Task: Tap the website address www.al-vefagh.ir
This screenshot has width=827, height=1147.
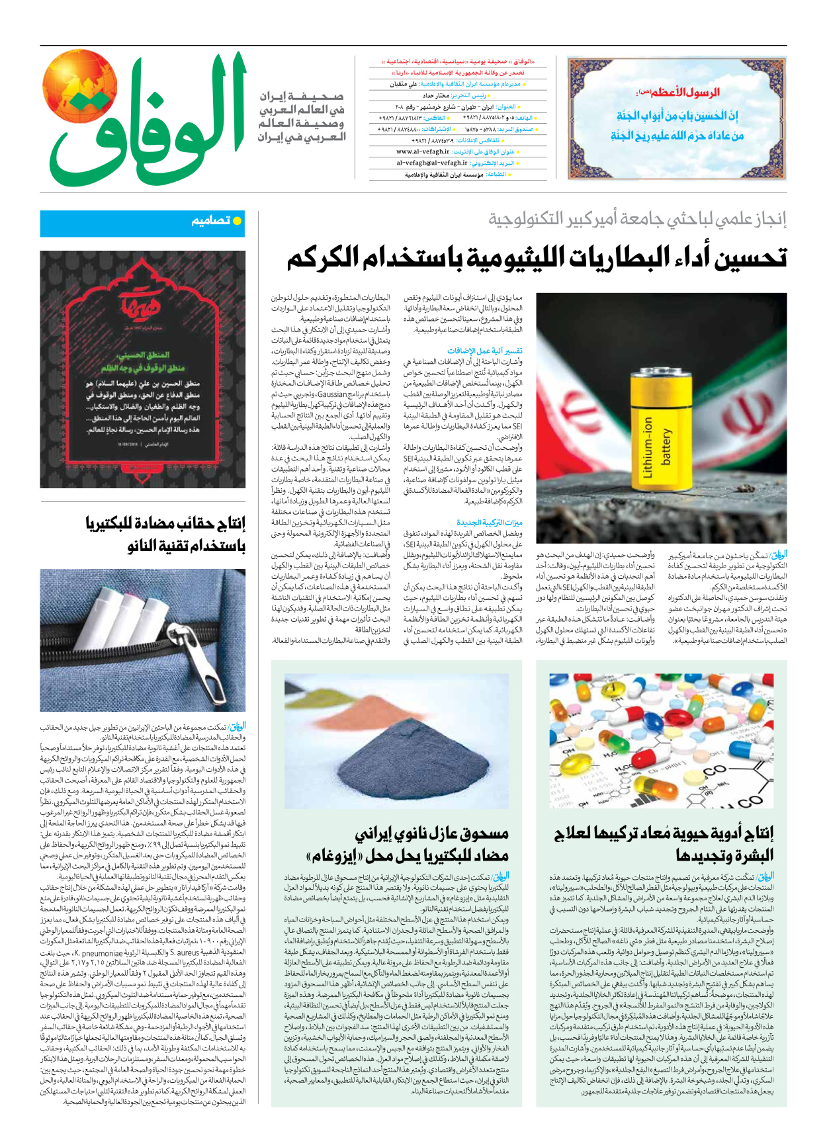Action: (423, 151)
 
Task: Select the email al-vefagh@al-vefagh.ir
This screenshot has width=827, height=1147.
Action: (432, 163)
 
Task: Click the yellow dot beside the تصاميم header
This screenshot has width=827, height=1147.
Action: (238, 221)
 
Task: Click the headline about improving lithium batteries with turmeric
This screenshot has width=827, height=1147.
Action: (536, 257)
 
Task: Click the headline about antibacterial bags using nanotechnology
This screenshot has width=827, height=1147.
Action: (165, 534)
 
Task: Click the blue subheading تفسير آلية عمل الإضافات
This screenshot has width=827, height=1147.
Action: (485, 351)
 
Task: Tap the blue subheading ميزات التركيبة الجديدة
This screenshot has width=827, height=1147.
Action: (490, 523)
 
